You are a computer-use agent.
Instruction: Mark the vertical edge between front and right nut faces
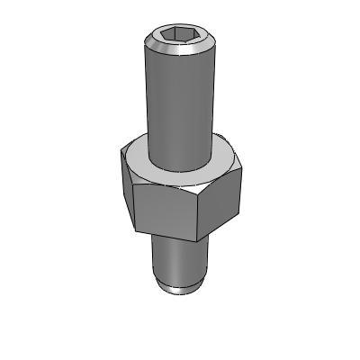tap(202, 215)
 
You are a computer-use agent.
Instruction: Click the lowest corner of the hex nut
tap(201, 241)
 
